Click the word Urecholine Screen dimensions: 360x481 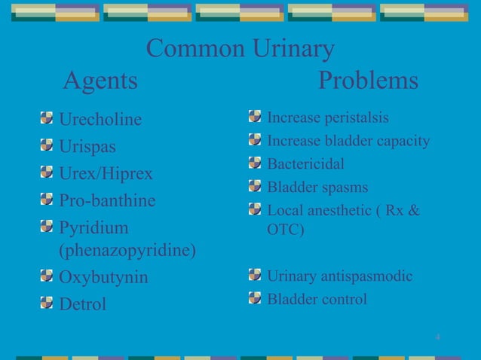coord(100,120)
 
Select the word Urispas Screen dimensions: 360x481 coord(87,146)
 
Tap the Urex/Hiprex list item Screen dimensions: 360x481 coord(106,174)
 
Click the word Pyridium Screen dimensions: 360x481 coord(93,228)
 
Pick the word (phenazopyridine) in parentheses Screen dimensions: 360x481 coord(128,251)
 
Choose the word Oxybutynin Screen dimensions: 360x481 coord(103,277)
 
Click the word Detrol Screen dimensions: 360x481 coord(83,304)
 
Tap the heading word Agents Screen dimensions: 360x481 coord(100,80)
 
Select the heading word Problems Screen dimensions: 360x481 coord(369,80)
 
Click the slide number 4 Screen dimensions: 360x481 coord(438,335)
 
